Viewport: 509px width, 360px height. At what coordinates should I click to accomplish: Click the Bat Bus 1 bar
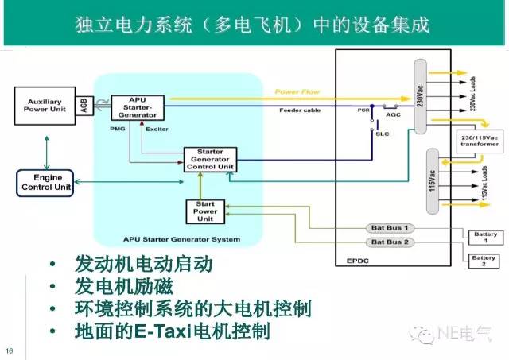tap(390, 227)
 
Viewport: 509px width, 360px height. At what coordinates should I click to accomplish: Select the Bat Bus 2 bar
tap(390, 242)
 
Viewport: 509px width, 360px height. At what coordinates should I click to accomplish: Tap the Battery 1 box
tap(484, 238)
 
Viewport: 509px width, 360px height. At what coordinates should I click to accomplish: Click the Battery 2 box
tap(484, 261)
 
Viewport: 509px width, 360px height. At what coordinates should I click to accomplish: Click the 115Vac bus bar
tap(433, 180)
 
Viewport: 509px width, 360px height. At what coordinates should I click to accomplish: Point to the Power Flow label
tap(297, 92)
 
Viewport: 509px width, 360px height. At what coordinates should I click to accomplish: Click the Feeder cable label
tap(300, 110)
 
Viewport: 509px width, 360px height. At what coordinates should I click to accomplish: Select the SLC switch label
tap(382, 134)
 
